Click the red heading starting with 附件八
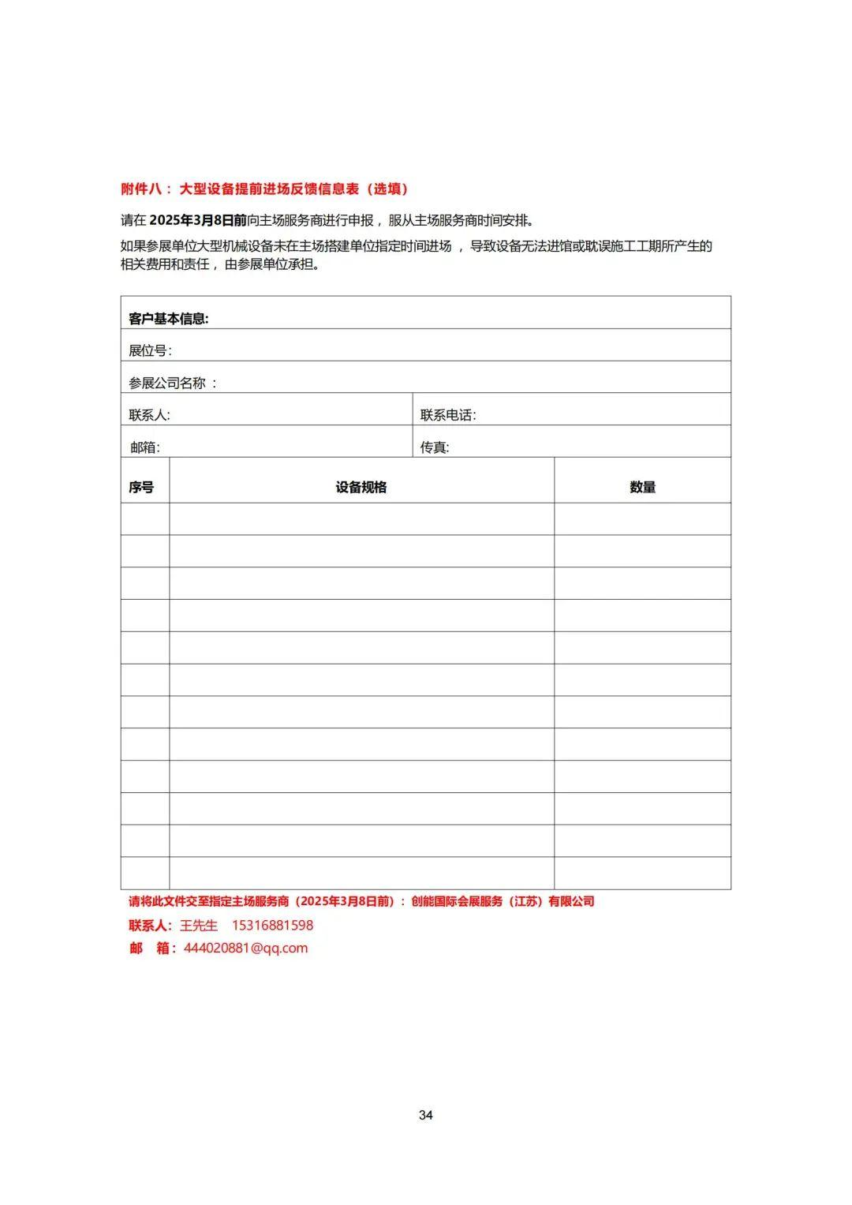tap(264, 189)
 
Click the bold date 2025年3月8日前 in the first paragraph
tap(198, 220)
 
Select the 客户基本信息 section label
tap(168, 319)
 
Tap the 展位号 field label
tap(150, 351)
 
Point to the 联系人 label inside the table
tap(149, 415)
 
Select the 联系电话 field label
tap(447, 415)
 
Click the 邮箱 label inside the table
tap(145, 447)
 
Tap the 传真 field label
tap(434, 447)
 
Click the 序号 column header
tap(141, 488)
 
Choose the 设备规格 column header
tap(361, 488)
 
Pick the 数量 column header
tap(642, 488)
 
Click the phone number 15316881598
tap(272, 926)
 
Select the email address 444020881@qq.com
tap(245, 949)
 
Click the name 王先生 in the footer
tap(199, 926)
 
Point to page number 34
tap(426, 1115)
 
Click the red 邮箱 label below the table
tap(151, 949)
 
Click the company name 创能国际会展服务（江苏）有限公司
tap(503, 902)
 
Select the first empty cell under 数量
tap(642, 519)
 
